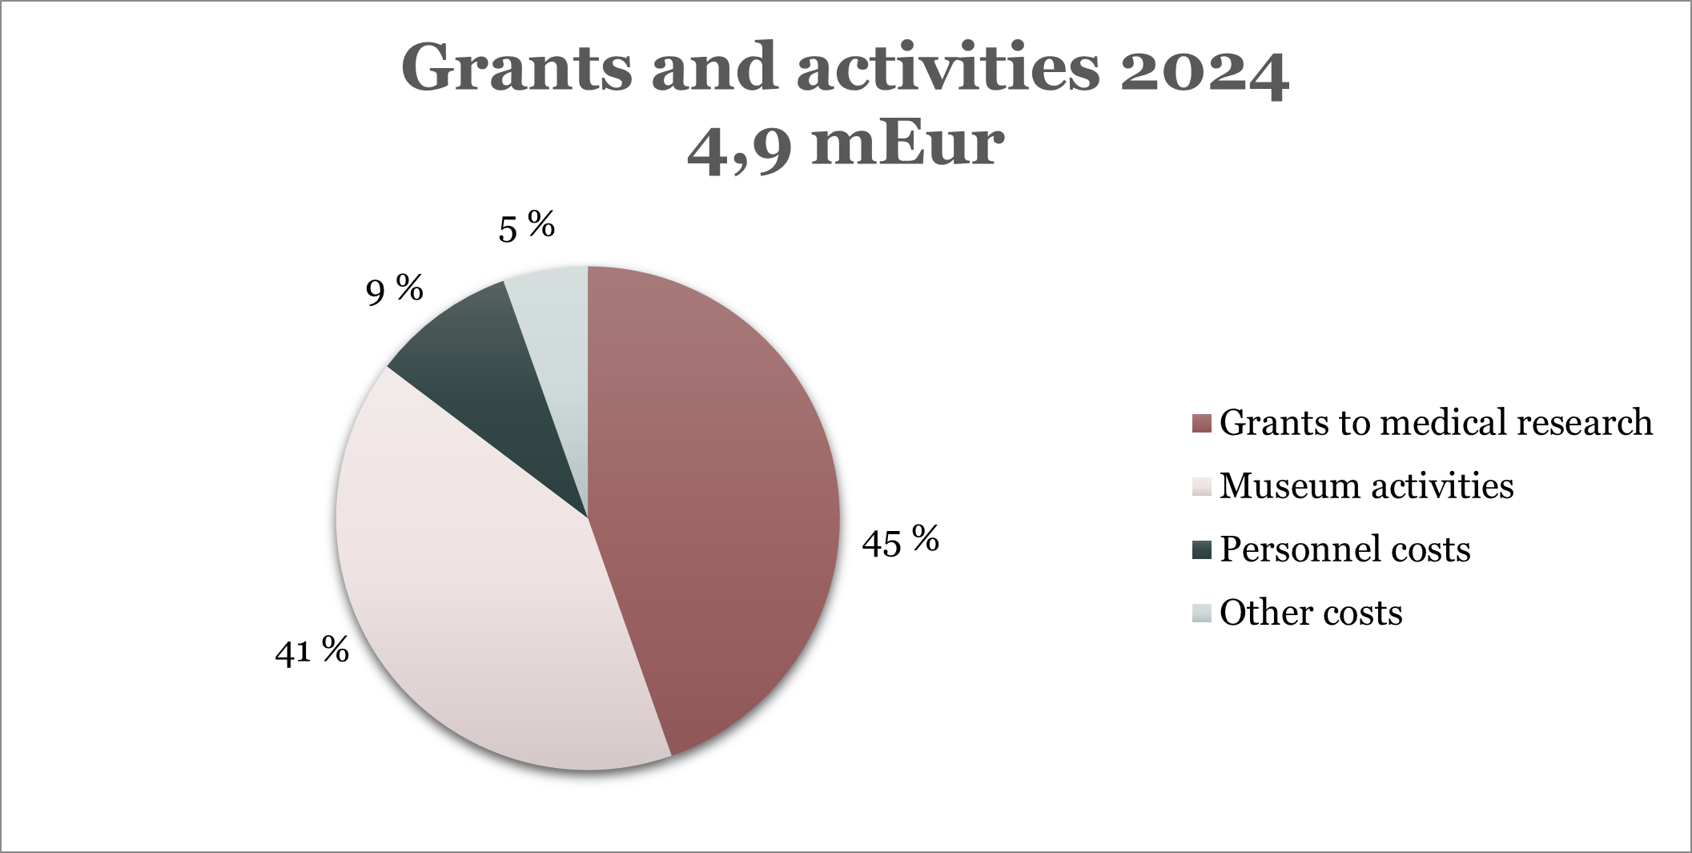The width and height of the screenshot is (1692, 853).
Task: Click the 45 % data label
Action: click(900, 542)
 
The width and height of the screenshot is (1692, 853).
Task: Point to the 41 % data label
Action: click(311, 650)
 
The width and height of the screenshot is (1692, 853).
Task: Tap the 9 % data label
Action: click(394, 290)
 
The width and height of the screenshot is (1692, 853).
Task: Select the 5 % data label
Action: click(526, 227)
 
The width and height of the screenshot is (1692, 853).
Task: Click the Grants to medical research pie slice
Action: click(713, 513)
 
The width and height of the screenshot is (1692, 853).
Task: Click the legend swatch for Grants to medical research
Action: click(1201, 423)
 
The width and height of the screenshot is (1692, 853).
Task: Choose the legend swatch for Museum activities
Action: click(1201, 486)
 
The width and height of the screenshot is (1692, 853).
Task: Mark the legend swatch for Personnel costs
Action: click(1201, 550)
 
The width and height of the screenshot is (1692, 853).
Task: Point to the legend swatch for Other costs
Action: click(1201, 614)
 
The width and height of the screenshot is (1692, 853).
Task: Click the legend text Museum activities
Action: click(1366, 486)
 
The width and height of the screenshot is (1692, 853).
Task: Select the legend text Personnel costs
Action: click(1344, 549)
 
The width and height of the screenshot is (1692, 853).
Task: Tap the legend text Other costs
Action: click(1311, 613)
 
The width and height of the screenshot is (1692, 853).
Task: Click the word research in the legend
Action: click(1585, 422)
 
